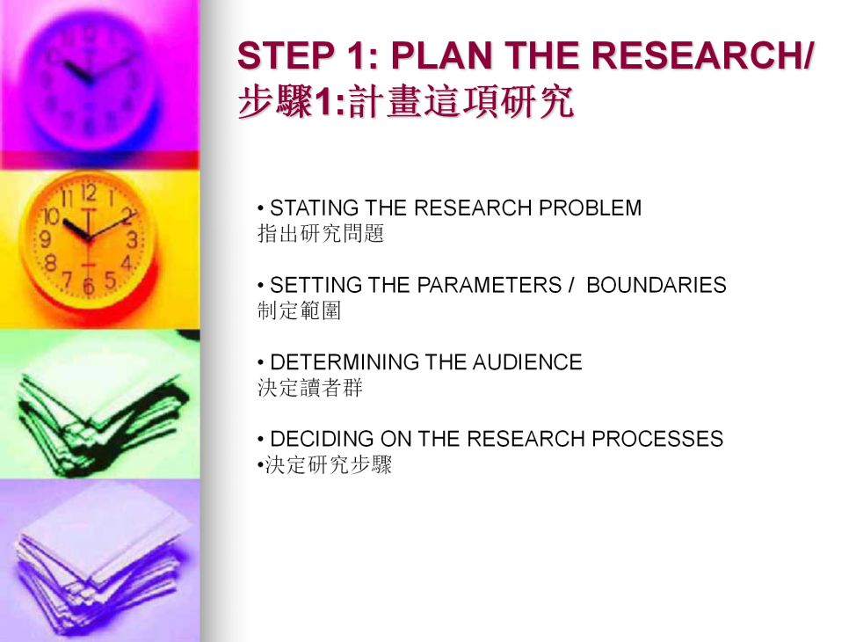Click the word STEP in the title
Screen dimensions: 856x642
click(286, 55)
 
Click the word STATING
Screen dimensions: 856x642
click(315, 208)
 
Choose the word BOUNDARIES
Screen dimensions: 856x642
click(657, 285)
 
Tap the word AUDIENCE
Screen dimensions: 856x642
click(527, 362)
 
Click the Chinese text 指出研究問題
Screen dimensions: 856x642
click(321, 233)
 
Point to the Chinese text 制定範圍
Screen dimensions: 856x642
click(299, 310)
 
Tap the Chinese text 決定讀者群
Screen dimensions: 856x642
click(310, 387)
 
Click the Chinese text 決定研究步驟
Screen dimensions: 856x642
click(329, 464)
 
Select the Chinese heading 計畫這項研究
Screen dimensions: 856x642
click(461, 102)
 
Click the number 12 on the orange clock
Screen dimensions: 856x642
click(89, 193)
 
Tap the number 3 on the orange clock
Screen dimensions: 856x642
click(132, 240)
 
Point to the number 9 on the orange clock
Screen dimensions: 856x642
click(46, 238)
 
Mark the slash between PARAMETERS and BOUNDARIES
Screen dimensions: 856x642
click(571, 285)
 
